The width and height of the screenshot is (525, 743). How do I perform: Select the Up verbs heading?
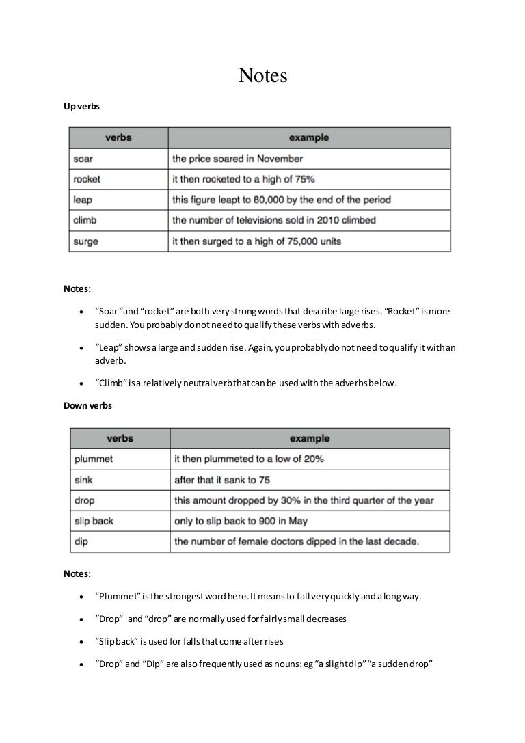tap(83, 107)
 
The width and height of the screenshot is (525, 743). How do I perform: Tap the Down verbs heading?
tap(87, 405)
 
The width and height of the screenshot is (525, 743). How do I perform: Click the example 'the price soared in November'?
tap(237, 159)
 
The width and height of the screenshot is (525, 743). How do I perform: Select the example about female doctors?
tap(296, 542)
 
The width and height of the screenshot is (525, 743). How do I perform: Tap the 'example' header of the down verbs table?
tap(309, 438)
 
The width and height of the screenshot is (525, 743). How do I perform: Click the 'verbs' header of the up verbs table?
tap(118, 137)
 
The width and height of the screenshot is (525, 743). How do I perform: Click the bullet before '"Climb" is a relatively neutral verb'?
tap(82, 383)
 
